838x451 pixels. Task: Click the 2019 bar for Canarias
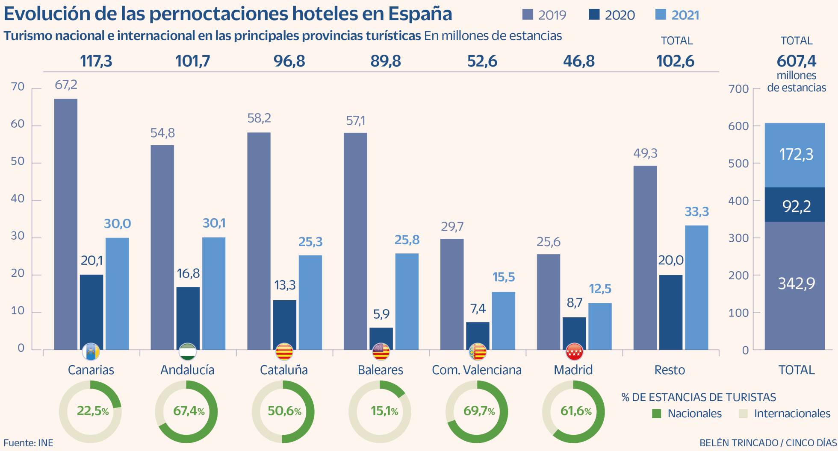pos(66,224)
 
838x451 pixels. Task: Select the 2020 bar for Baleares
pos(381,339)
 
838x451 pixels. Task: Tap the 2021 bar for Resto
pos(696,287)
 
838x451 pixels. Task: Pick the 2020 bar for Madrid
pos(574,334)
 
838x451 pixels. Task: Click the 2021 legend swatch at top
pos(661,15)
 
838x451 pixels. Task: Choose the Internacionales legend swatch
pos(743,413)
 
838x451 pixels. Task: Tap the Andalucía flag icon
pos(187,352)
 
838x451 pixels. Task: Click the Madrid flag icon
pos(574,352)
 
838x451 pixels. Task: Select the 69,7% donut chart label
pos(479,411)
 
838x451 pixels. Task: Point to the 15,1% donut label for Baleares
pos(384,411)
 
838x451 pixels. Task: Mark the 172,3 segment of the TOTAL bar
pos(795,155)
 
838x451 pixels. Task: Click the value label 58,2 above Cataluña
pos(259,118)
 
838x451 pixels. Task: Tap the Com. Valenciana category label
pos(477,370)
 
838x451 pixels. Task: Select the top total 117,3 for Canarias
pos(96,61)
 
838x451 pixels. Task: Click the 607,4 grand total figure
pos(796,61)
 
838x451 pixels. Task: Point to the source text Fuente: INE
pos(28,443)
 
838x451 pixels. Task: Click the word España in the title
pos(420,14)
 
